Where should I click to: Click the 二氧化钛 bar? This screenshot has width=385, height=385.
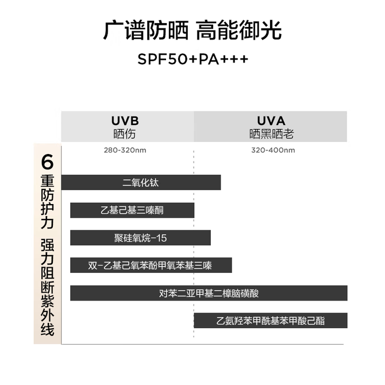[x=141, y=182]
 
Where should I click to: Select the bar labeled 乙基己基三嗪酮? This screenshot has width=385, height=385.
[x=132, y=210]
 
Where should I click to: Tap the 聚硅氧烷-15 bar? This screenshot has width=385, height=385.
[x=140, y=238]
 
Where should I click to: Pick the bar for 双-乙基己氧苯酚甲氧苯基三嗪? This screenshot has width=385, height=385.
[x=151, y=265]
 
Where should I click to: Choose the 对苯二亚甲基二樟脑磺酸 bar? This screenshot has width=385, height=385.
[x=209, y=293]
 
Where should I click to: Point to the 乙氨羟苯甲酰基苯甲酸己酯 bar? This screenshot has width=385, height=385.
[x=271, y=321]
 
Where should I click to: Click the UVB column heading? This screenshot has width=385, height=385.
[x=125, y=121]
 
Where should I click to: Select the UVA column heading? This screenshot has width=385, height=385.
[x=271, y=121]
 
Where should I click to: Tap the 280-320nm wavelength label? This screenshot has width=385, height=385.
[x=125, y=150]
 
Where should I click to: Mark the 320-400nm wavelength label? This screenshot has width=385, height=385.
[x=273, y=150]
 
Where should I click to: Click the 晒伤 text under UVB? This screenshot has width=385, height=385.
[x=124, y=134]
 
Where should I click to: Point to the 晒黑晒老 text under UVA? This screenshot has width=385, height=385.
[x=271, y=134]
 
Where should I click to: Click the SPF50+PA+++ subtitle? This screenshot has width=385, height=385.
[x=192, y=59]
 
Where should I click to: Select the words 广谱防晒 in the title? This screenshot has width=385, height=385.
[x=146, y=30]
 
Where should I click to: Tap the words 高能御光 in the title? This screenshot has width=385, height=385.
[x=238, y=30]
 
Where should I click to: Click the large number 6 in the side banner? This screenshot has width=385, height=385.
[x=47, y=162]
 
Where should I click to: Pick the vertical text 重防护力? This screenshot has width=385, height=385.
[x=47, y=202]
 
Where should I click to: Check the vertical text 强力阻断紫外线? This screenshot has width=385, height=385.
[x=47, y=287]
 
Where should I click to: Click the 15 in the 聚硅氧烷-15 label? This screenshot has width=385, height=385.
[x=161, y=238]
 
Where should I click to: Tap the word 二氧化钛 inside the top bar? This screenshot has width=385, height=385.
[x=141, y=182]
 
